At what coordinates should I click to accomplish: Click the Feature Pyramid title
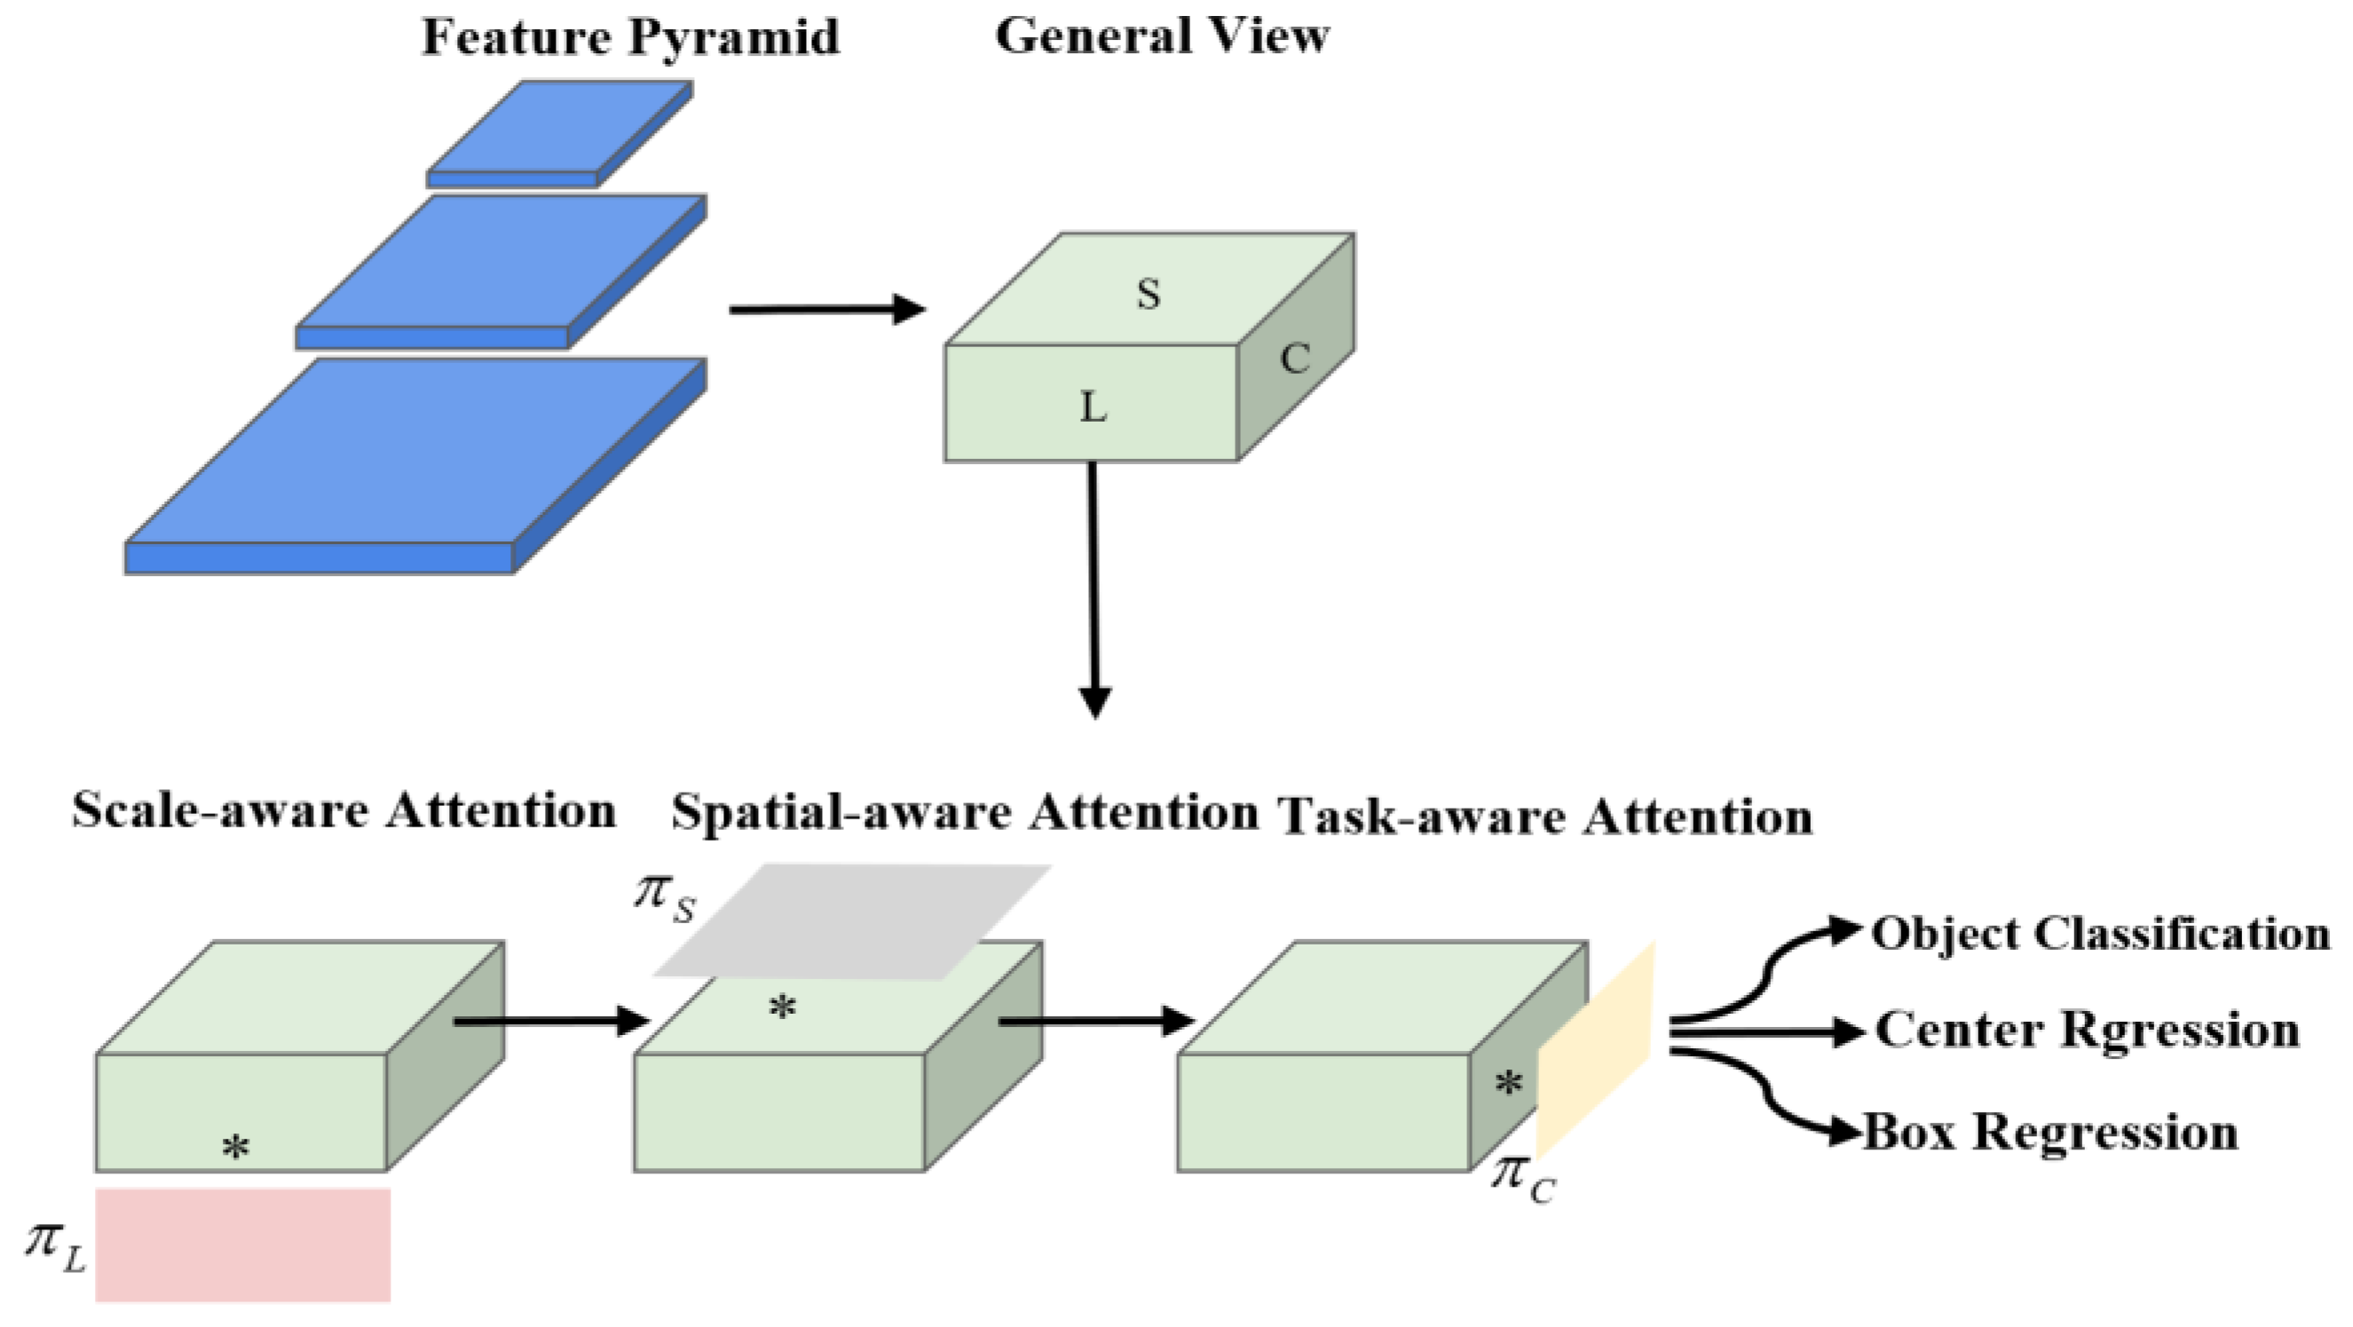[x=630, y=38]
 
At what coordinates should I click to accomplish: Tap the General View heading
[x=1162, y=36]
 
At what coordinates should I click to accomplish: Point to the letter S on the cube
[x=1149, y=294]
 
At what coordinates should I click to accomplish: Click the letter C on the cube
[x=1294, y=359]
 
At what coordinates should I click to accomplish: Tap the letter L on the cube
[x=1093, y=407]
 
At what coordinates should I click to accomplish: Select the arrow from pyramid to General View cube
[x=826, y=310]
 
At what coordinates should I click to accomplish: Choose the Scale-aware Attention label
[x=344, y=811]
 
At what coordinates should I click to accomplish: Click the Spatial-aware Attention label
[x=965, y=813]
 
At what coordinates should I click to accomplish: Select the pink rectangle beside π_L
[x=243, y=1244]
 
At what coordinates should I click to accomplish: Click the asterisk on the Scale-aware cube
[x=236, y=1147]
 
